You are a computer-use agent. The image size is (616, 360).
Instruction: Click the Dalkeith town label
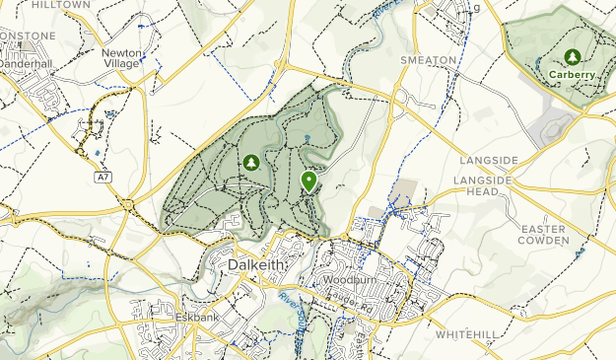click(256, 266)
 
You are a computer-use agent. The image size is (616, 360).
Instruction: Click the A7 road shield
click(103, 177)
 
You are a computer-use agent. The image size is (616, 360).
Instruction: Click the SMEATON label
click(429, 60)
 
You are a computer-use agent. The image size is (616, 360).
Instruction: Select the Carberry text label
click(572, 75)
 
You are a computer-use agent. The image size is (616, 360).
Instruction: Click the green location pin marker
click(308, 180)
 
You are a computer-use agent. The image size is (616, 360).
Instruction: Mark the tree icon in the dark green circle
click(251, 162)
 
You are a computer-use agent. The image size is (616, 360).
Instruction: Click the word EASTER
click(544, 229)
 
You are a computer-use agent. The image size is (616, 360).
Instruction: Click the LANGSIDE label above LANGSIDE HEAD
click(487, 160)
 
